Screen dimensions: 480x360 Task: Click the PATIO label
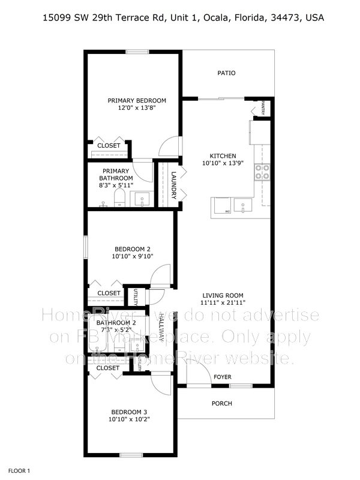click(x=226, y=73)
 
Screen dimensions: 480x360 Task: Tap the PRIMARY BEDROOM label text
click(x=137, y=100)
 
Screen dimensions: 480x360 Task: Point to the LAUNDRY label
click(x=173, y=186)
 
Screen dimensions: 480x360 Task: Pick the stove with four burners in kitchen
click(x=262, y=172)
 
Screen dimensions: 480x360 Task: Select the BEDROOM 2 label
click(x=132, y=249)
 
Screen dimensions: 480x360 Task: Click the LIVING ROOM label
click(x=223, y=295)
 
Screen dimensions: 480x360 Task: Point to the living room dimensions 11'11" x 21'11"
click(x=223, y=302)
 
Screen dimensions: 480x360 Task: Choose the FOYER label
click(x=223, y=377)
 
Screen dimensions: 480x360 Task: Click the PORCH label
click(x=222, y=403)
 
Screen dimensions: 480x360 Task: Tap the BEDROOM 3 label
click(x=129, y=412)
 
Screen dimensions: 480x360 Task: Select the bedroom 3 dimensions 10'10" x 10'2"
click(x=129, y=419)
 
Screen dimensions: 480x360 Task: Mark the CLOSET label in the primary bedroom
click(x=109, y=146)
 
